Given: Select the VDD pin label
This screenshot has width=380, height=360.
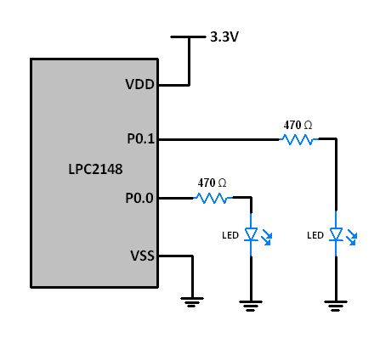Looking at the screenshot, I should [140, 85].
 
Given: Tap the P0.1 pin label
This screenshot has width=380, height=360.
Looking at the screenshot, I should [139, 138].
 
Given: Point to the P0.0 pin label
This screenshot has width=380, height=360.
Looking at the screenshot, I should [139, 198].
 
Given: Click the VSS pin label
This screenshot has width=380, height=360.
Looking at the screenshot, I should [141, 255].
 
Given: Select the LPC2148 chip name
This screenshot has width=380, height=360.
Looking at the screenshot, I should [95, 169].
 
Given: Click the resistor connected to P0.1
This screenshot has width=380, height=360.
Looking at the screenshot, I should [298, 138].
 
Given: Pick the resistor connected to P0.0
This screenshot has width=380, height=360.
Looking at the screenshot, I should [212, 198].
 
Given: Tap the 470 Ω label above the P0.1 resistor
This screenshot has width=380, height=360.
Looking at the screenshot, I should [298, 125].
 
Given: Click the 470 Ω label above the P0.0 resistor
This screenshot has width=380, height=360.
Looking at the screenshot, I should [212, 183].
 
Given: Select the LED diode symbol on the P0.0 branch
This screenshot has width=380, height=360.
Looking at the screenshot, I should [251, 234].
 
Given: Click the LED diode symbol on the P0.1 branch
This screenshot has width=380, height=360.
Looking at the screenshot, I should [337, 234].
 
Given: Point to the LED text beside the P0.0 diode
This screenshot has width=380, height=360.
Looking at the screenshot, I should [230, 235].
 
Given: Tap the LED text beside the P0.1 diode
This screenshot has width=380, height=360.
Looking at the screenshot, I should [315, 235].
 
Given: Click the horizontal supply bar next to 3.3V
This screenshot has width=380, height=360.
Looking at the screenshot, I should [188, 37].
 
